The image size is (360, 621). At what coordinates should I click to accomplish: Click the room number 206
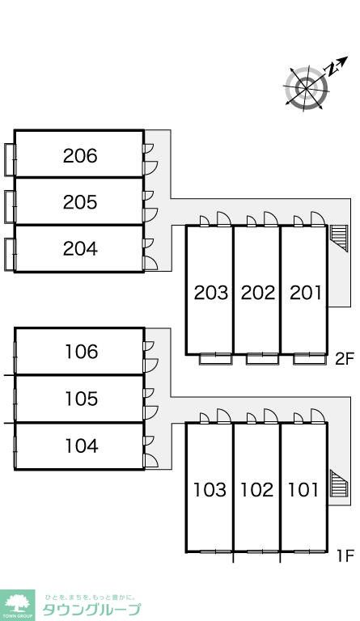pyautogui.click(x=80, y=155)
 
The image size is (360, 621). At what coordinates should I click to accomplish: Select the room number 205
pyautogui.click(x=80, y=202)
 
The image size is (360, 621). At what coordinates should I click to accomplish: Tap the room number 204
pyautogui.click(x=80, y=249)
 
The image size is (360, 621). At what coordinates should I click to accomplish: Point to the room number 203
pyautogui.click(x=210, y=293)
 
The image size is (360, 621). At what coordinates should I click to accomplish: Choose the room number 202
pyautogui.click(x=258, y=293)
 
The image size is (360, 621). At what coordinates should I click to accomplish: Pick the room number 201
pyautogui.click(x=305, y=293)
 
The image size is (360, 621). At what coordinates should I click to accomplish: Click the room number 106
pyautogui.click(x=82, y=352)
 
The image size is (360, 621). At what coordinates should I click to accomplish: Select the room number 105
pyautogui.click(x=82, y=399)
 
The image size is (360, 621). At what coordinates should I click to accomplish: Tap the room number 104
pyautogui.click(x=82, y=446)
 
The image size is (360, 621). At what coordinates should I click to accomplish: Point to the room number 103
pyautogui.click(x=210, y=490)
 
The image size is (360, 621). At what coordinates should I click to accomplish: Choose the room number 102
pyautogui.click(x=257, y=490)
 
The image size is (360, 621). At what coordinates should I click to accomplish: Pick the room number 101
pyautogui.click(x=303, y=490)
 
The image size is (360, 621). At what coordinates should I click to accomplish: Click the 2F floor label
pyautogui.click(x=344, y=359)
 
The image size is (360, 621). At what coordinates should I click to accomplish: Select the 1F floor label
pyautogui.click(x=345, y=556)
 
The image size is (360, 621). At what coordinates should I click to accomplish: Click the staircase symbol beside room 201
pyautogui.click(x=339, y=238)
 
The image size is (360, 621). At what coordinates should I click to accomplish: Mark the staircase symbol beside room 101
pyautogui.click(x=339, y=484)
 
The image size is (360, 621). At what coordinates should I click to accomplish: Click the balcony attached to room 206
pyautogui.click(x=10, y=159)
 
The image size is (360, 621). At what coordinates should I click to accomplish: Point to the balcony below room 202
pyautogui.click(x=262, y=358)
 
